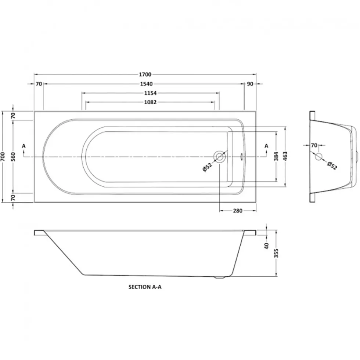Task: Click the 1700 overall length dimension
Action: tap(145, 74)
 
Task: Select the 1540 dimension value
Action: tap(147, 84)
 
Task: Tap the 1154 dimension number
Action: tap(150, 93)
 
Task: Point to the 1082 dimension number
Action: tap(150, 102)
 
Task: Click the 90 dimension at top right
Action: tap(250, 84)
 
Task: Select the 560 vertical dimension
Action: tap(13, 157)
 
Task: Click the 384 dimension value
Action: tap(276, 156)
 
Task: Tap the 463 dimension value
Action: tap(285, 156)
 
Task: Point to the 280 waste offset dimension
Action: tap(238, 211)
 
